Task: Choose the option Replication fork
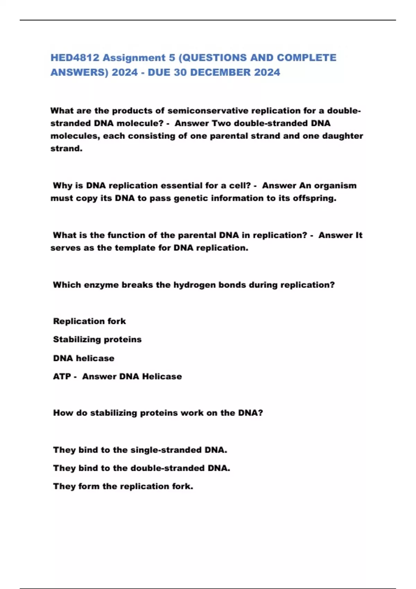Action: [89, 321]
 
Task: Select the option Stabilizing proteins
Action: [97, 340]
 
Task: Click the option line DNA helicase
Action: [84, 358]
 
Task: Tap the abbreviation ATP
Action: [62, 377]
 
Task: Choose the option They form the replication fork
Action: [123, 486]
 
